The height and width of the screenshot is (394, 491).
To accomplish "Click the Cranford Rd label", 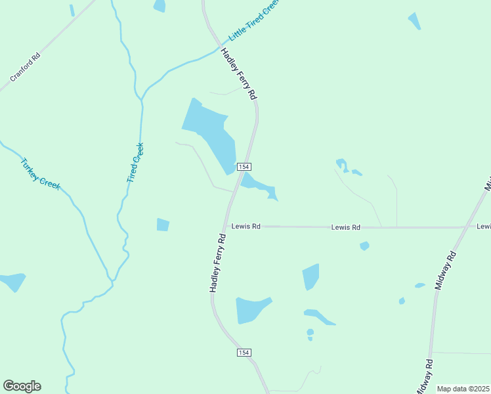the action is point(26,67).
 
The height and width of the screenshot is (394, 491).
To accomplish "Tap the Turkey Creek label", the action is point(40,174).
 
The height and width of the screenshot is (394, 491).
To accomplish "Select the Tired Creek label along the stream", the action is point(135,163).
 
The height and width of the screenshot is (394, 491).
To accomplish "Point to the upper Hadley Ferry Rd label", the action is point(238,74).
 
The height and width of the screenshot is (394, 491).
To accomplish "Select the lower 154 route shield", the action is point(244,353).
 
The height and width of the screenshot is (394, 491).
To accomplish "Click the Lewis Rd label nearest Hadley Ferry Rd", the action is point(246,227).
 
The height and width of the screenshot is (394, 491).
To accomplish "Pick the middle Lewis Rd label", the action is point(346,227).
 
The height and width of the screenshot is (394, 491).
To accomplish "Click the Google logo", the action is point(22,386).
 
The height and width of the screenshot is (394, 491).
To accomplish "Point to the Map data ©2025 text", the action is point(463,389).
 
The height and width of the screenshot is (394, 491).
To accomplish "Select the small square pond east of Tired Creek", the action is point(163,225).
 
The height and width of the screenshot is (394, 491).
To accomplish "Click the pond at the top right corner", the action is point(414,20).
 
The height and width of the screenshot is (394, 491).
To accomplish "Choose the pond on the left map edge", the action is point(12,281).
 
